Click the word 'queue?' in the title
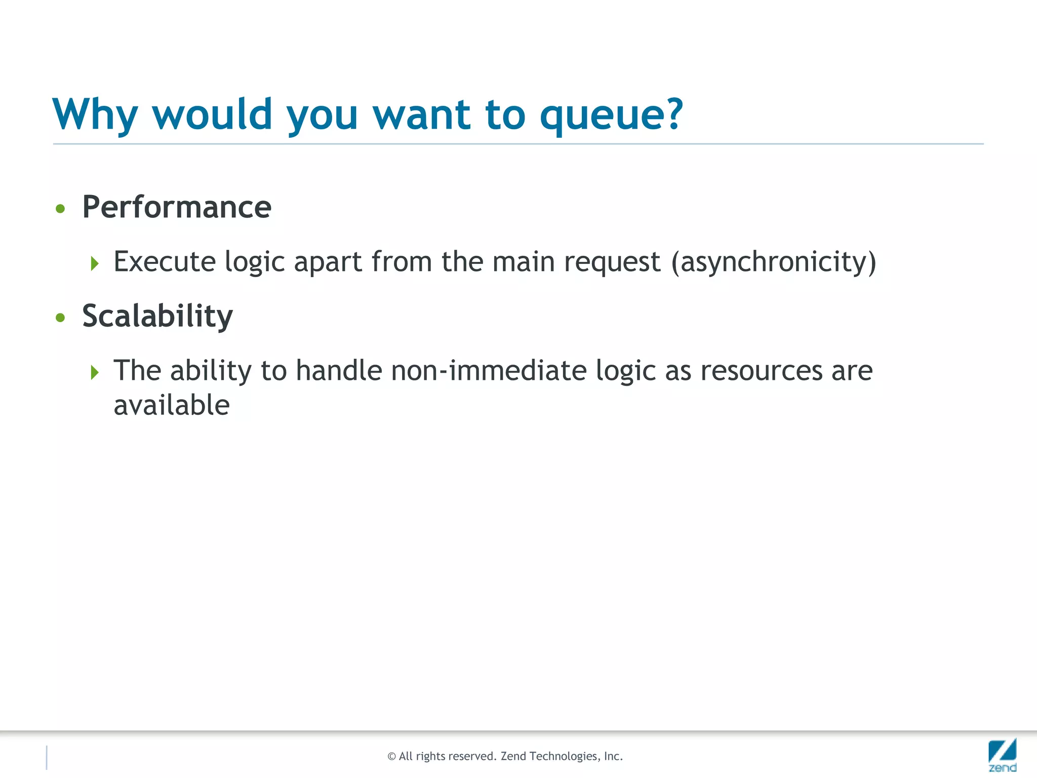(x=611, y=115)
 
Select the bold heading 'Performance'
(x=177, y=207)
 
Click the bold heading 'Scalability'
(x=157, y=317)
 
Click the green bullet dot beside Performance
(x=61, y=209)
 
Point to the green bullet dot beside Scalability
(x=61, y=318)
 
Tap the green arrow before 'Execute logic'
(x=95, y=263)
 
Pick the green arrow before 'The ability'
(x=95, y=373)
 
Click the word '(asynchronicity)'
(x=773, y=262)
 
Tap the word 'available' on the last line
(x=172, y=406)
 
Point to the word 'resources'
(x=761, y=371)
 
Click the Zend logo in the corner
(x=1002, y=754)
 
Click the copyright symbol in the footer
(x=391, y=757)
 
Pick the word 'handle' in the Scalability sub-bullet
(x=339, y=371)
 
